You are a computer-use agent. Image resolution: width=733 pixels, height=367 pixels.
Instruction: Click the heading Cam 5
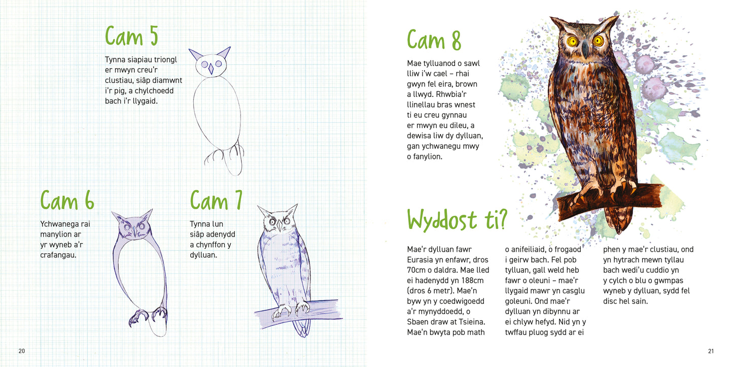click(x=131, y=36)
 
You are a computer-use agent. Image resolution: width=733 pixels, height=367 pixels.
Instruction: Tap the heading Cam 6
click(x=67, y=200)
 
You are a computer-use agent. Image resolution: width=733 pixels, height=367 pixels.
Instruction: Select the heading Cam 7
click(x=216, y=200)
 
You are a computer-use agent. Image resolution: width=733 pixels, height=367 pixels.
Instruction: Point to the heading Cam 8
click(x=434, y=40)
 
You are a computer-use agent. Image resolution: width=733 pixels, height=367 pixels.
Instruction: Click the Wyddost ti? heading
click(x=457, y=219)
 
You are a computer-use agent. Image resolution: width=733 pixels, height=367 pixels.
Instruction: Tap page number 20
click(x=22, y=351)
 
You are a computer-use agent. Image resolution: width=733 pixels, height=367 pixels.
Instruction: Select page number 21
click(x=711, y=351)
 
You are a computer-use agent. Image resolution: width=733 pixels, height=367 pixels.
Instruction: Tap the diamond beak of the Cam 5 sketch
click(x=211, y=69)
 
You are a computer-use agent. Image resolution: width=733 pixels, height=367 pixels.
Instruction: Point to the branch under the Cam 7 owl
click(x=298, y=314)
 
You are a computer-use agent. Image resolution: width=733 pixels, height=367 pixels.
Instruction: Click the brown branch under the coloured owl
click(x=609, y=201)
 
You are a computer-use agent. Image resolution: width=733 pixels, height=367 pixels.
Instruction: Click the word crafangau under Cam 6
click(x=58, y=255)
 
